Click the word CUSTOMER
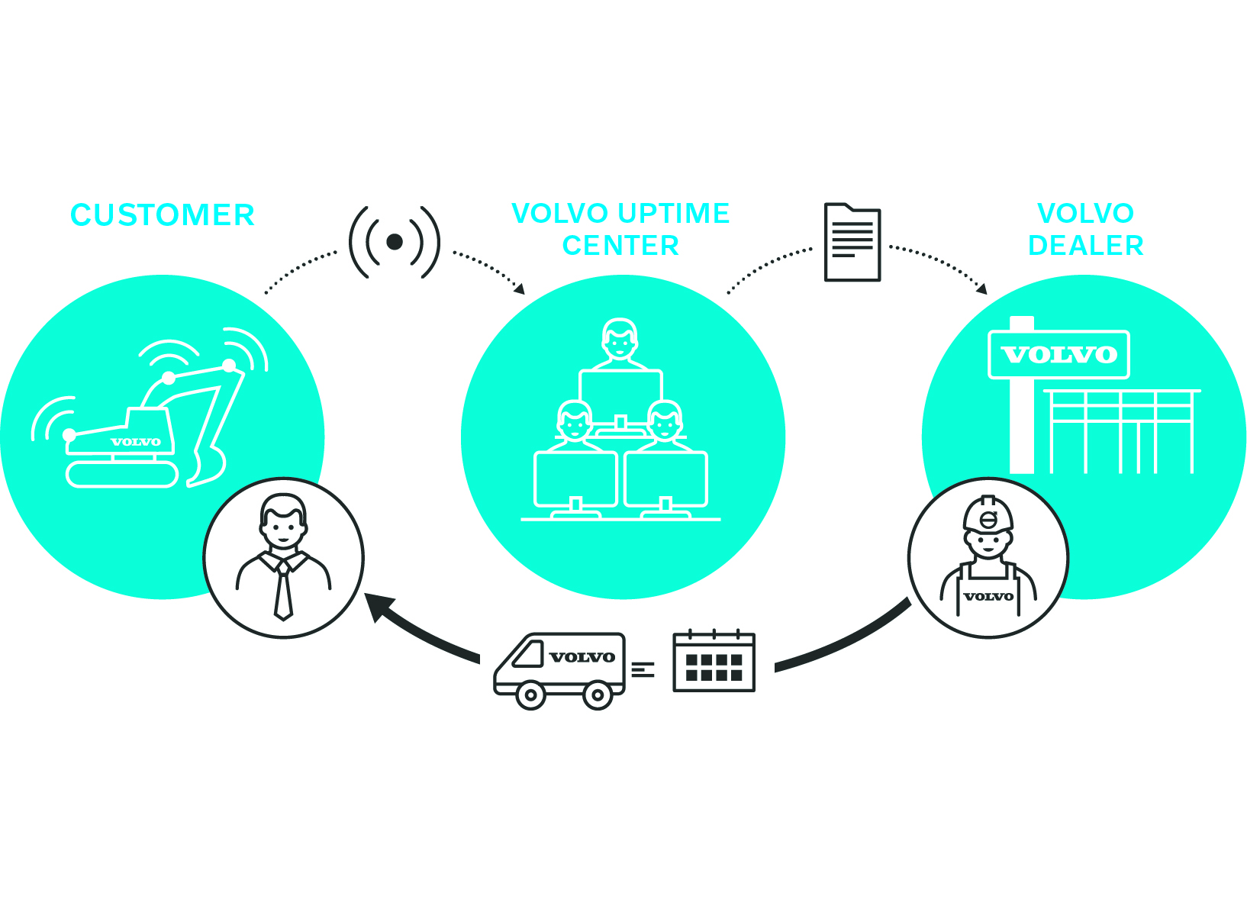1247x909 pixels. [162, 215]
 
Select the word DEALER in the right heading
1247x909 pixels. [1085, 246]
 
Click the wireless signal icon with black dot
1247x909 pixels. [395, 242]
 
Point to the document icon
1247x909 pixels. [852, 243]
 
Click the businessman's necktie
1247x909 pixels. [283, 591]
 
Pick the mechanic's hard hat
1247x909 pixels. [988, 514]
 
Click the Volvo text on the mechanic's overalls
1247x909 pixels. [988, 597]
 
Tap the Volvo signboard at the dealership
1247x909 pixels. [1058, 355]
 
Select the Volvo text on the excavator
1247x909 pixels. [136, 442]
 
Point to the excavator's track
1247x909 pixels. [122, 475]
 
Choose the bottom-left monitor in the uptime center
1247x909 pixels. [575, 479]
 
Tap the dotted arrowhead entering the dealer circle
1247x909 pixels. [982, 289]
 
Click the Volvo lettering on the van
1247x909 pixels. [582, 657]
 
